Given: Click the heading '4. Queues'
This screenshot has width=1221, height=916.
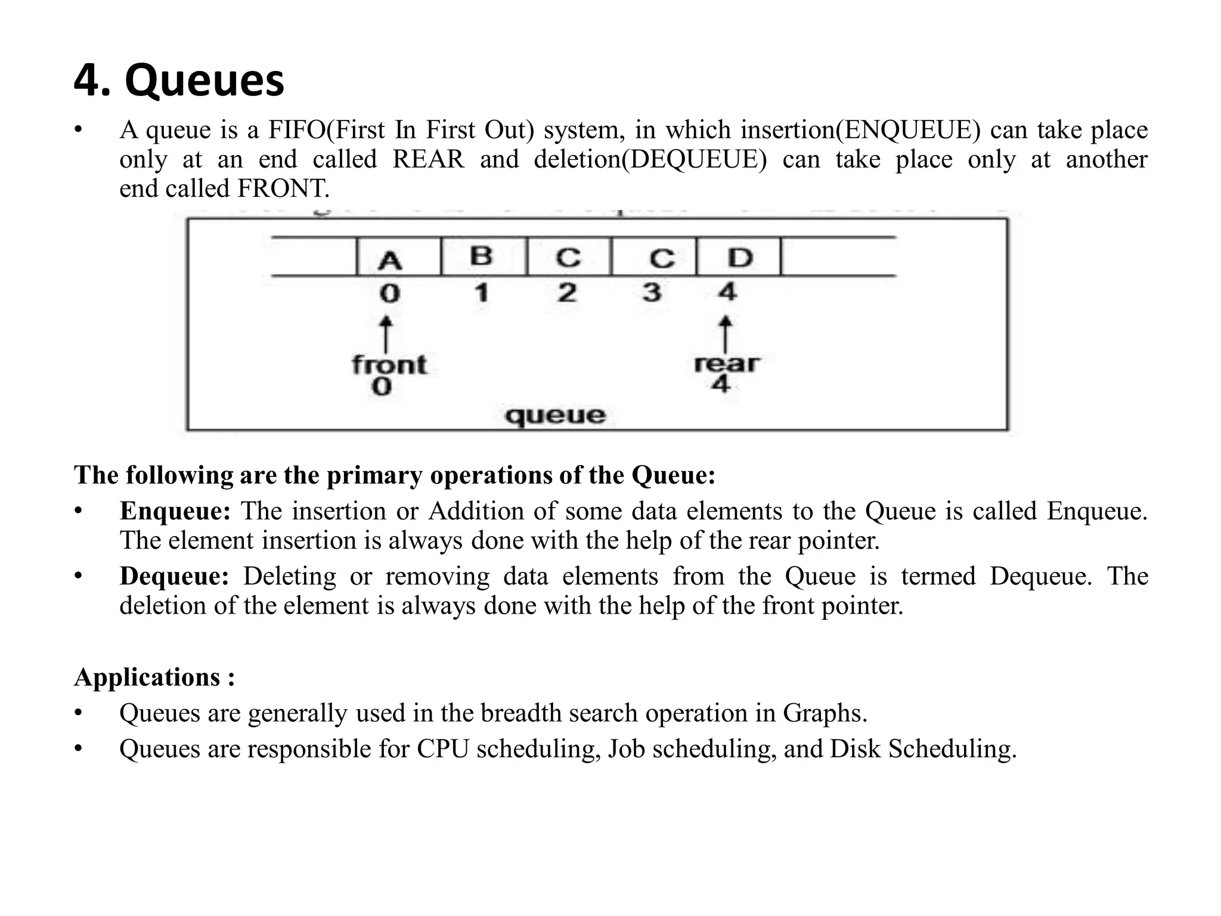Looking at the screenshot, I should pos(179,81).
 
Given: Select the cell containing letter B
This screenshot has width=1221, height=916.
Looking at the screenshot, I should pos(483,256).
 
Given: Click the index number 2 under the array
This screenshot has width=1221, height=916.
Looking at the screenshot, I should pos(567,293).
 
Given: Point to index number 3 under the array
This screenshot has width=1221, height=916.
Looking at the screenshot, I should pos(652,293).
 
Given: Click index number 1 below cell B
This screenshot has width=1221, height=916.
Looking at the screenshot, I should pos(482,293).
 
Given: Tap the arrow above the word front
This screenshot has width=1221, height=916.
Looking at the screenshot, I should pos(386,334).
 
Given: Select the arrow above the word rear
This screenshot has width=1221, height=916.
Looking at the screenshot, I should pos(726,334).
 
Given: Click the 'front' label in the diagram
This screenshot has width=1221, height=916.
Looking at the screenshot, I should pos(389,364).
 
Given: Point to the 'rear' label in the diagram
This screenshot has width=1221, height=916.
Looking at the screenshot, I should pos(726,363).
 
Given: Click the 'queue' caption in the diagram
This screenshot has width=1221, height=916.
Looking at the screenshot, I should pos(555,415).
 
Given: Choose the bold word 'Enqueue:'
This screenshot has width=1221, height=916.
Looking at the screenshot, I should pos(175,511).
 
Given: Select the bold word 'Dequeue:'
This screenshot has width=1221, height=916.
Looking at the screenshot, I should pos(174,576).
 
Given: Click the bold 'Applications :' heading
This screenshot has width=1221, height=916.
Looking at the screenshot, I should pos(154,677).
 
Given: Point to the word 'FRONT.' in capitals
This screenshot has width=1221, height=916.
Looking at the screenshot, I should pos(283,189).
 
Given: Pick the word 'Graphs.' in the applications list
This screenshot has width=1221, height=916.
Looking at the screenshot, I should pos(825,713).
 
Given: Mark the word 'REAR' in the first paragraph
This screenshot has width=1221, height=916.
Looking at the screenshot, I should pos(428,159).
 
